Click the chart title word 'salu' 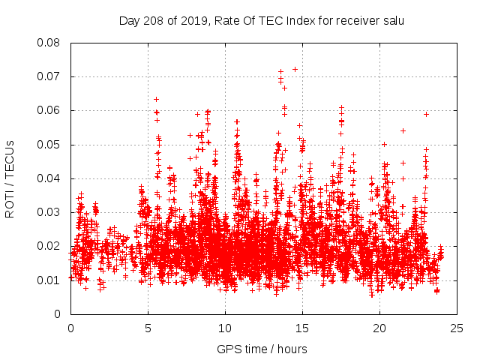392,20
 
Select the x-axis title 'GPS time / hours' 262,349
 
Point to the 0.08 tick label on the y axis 50,43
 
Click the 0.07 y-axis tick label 50,76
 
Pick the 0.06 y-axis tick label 50,110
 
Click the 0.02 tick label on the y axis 50,246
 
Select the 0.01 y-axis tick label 50,280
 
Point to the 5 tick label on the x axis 148,328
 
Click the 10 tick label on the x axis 225,328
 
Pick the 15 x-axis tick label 302,328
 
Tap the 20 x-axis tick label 379,328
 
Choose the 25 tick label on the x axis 457,328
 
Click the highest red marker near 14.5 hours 295,69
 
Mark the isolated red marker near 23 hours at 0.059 426,114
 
